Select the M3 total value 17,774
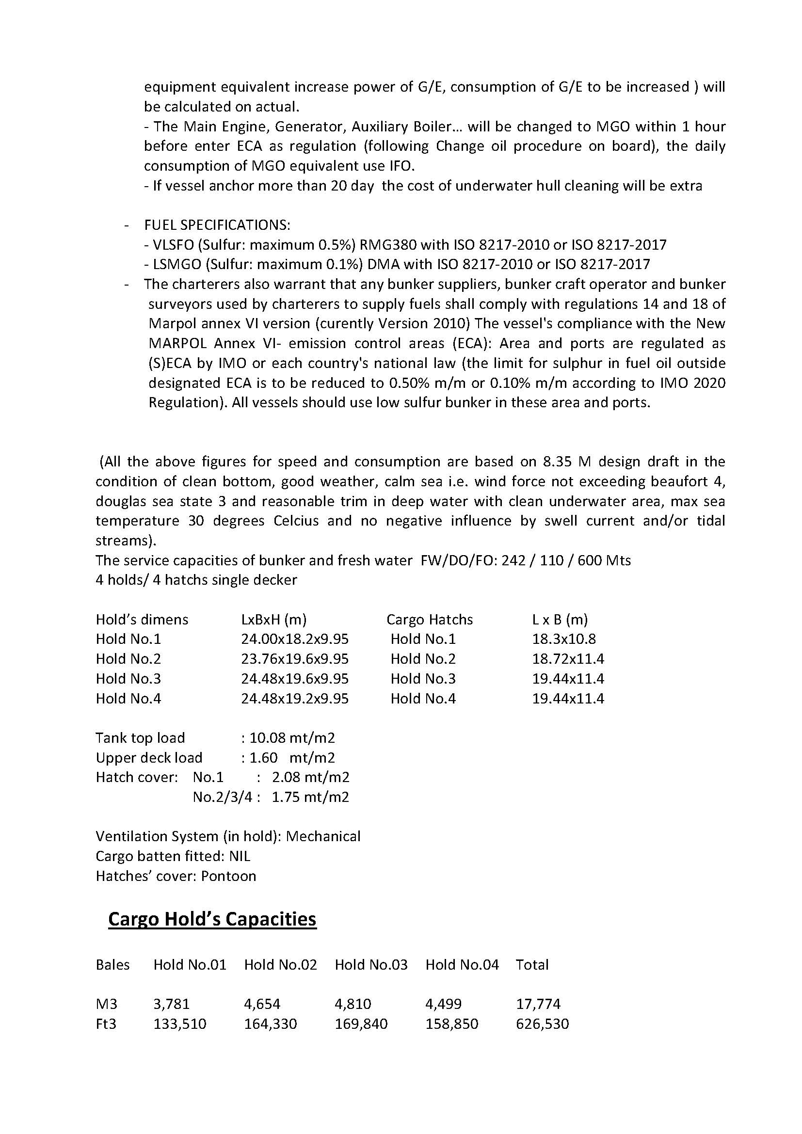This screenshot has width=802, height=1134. click(538, 1004)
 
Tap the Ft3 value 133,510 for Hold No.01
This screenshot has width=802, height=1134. click(180, 1024)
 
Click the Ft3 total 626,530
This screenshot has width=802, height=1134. click(542, 1024)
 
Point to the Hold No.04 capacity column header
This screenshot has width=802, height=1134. click(462, 965)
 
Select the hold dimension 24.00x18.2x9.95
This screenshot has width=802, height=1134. click(294, 639)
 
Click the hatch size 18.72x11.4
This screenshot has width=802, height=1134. click(568, 659)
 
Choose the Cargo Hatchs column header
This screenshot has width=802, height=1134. click(429, 619)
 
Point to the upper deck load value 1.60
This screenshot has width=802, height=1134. click(263, 758)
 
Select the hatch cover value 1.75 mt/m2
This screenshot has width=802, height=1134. click(310, 797)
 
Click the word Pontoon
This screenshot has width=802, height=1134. click(229, 876)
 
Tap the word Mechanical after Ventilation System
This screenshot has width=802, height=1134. click(323, 837)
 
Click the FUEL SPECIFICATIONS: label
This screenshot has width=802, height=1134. click(217, 225)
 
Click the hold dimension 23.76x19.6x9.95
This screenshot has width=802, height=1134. click(294, 659)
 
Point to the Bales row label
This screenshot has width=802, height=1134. click(112, 965)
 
